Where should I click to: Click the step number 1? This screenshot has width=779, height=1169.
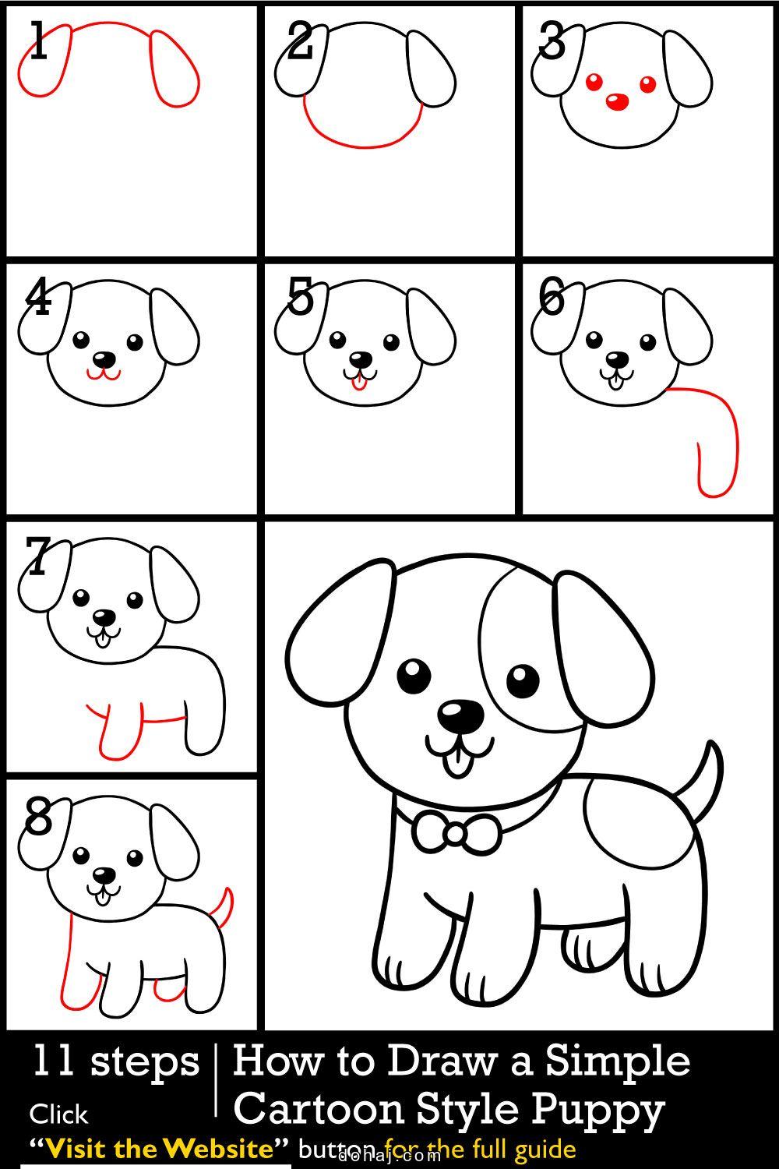(x=37, y=43)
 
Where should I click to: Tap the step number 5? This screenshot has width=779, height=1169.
(x=300, y=298)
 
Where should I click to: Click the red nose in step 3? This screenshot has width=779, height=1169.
(x=617, y=101)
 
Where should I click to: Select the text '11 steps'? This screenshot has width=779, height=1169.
(x=115, y=1062)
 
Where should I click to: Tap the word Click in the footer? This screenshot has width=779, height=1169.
(x=59, y=1114)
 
